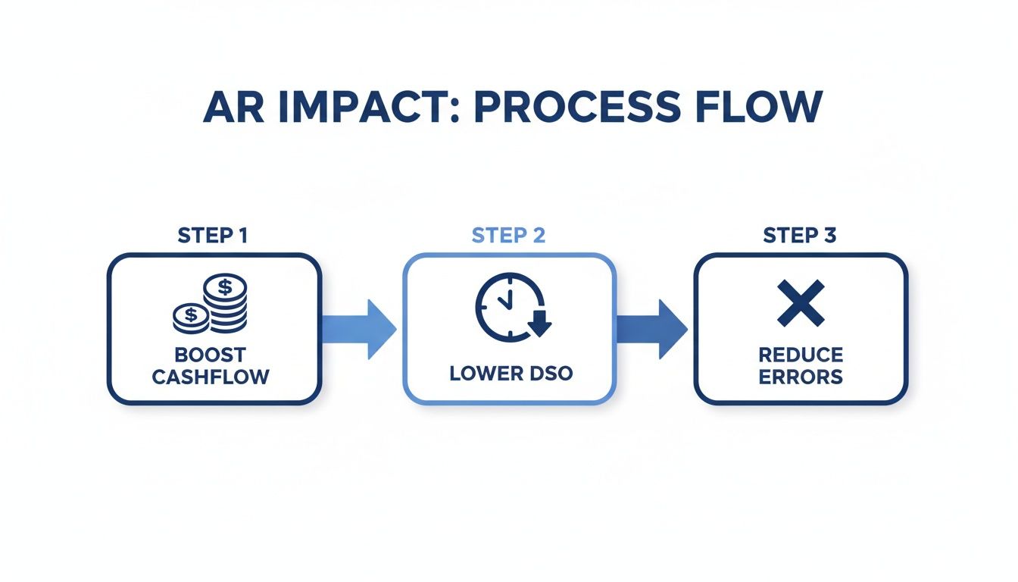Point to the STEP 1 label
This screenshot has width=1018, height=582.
pyautogui.click(x=213, y=236)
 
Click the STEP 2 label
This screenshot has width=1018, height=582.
pyautogui.click(x=508, y=236)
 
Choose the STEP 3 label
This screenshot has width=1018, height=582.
pyautogui.click(x=800, y=236)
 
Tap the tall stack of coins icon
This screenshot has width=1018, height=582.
pyautogui.click(x=225, y=303)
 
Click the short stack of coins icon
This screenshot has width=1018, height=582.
pyautogui.click(x=191, y=317)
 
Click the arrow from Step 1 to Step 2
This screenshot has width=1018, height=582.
pyautogui.click(x=361, y=329)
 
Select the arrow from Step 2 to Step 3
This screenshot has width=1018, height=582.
pyautogui.click(x=653, y=329)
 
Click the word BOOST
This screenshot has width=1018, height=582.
pyautogui.click(x=211, y=355)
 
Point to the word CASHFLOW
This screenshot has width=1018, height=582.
pyautogui.click(x=211, y=377)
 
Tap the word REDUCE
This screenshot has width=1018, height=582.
pyautogui.click(x=801, y=355)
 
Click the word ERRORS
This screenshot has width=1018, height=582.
pyautogui.click(x=801, y=377)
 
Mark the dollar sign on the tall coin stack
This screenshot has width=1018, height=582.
pyautogui.click(x=225, y=286)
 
